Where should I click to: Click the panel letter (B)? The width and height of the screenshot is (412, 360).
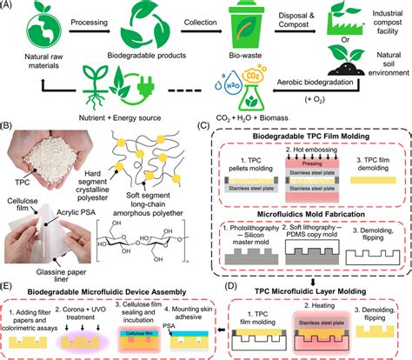[10, 130]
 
